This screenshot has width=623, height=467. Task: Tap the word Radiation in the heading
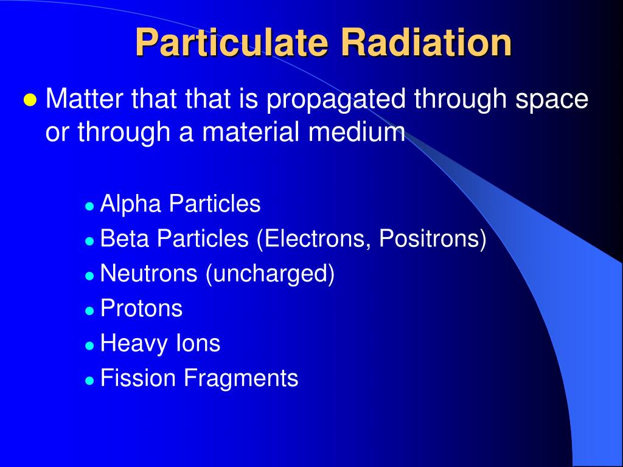426,43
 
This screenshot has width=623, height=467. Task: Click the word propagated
337,100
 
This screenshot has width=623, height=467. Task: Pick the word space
552,100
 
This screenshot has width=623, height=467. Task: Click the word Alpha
131,204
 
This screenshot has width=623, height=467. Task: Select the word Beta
125,239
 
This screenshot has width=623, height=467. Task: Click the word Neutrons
148,274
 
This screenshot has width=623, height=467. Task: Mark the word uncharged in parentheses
270,274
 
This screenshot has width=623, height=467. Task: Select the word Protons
141,308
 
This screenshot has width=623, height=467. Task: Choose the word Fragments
241,378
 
